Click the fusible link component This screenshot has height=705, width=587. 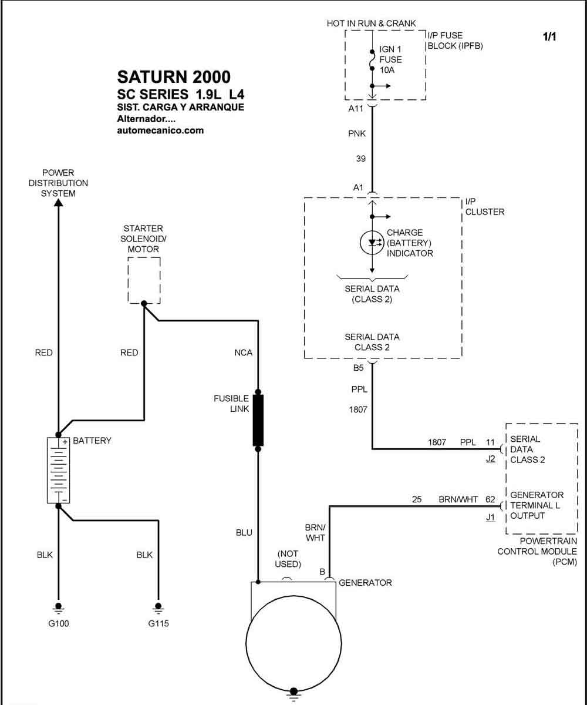click(258, 420)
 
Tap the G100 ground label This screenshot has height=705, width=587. click(58, 623)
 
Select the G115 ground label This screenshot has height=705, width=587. click(158, 623)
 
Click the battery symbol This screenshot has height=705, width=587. click(58, 471)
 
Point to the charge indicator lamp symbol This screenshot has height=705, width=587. click(372, 243)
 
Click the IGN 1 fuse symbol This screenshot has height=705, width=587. click(372, 60)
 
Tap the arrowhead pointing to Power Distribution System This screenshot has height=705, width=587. click(58, 203)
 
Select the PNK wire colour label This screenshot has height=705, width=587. click(357, 134)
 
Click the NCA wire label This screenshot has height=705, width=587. click(243, 353)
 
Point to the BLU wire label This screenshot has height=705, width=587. click(244, 533)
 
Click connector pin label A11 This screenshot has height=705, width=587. click(356, 108)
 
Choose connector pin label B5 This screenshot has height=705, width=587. click(358, 368)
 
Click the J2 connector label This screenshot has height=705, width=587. click(491, 459)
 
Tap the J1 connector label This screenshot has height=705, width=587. click(491, 517)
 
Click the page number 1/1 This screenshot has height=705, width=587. click(549, 36)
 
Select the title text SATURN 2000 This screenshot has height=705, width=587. click(174, 77)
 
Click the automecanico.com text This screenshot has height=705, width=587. click(160, 130)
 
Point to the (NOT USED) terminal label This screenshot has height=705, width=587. click(288, 559)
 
